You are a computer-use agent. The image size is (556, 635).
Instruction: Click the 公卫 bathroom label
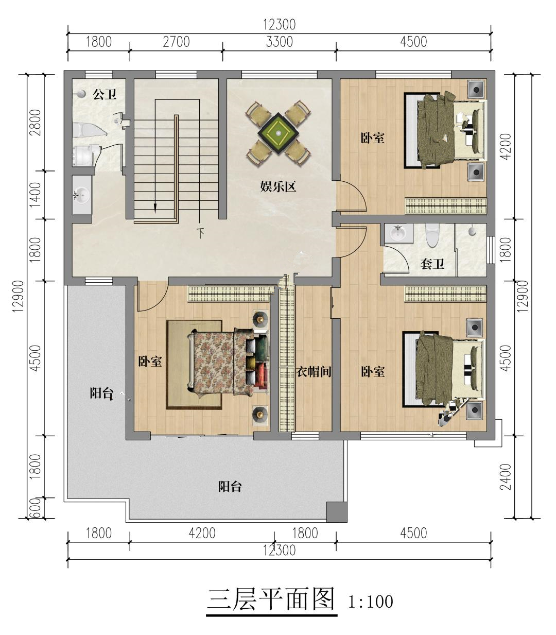pos(105,94)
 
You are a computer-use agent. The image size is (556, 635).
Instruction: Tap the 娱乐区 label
pos(278,187)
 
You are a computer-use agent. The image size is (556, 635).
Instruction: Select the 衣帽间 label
pos(314,371)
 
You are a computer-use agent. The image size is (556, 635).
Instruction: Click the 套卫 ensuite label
pos(432,264)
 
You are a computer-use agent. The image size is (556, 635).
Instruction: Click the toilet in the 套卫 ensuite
pos(432,235)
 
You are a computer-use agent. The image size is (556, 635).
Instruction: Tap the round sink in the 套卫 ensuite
pos(398,232)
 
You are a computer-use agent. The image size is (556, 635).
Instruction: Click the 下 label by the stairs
pos(201,233)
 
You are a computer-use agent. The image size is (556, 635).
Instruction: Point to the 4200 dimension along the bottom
pos(202,534)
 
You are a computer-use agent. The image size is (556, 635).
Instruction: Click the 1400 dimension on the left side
pos(36,195)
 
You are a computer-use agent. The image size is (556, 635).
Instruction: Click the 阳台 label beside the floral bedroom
pos(101,393)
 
